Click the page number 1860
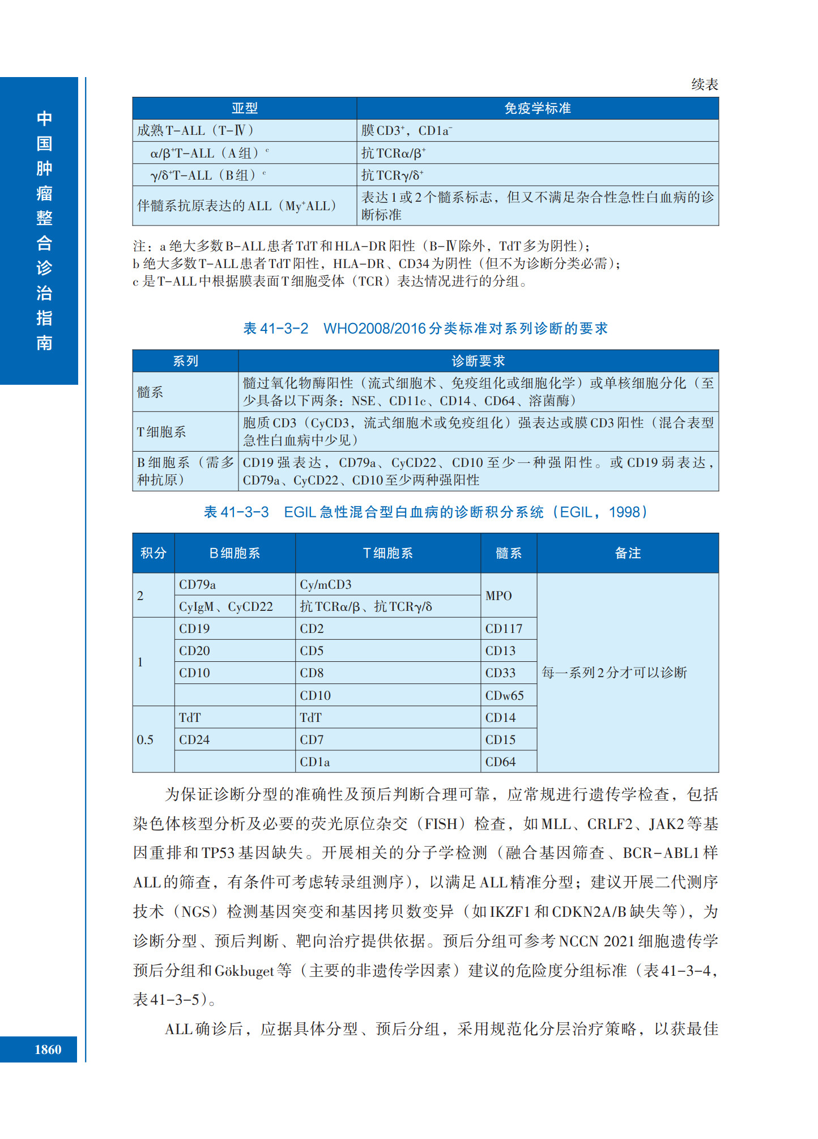point(48,1049)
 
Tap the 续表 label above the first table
point(704,84)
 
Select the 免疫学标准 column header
point(537,108)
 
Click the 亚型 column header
point(244,108)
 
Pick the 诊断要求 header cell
point(478,361)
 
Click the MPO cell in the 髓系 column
point(499,596)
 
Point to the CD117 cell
point(504,628)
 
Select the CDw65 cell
point(504,695)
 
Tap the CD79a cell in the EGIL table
point(197,584)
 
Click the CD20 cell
point(194,651)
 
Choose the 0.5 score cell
point(145,739)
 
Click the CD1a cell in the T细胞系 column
point(315,762)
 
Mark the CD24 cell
point(194,739)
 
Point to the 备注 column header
point(627,553)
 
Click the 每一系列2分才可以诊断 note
point(614,673)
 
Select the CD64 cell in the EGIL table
point(500,762)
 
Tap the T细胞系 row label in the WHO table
point(161,432)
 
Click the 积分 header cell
point(154,553)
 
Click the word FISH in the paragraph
point(441,824)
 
